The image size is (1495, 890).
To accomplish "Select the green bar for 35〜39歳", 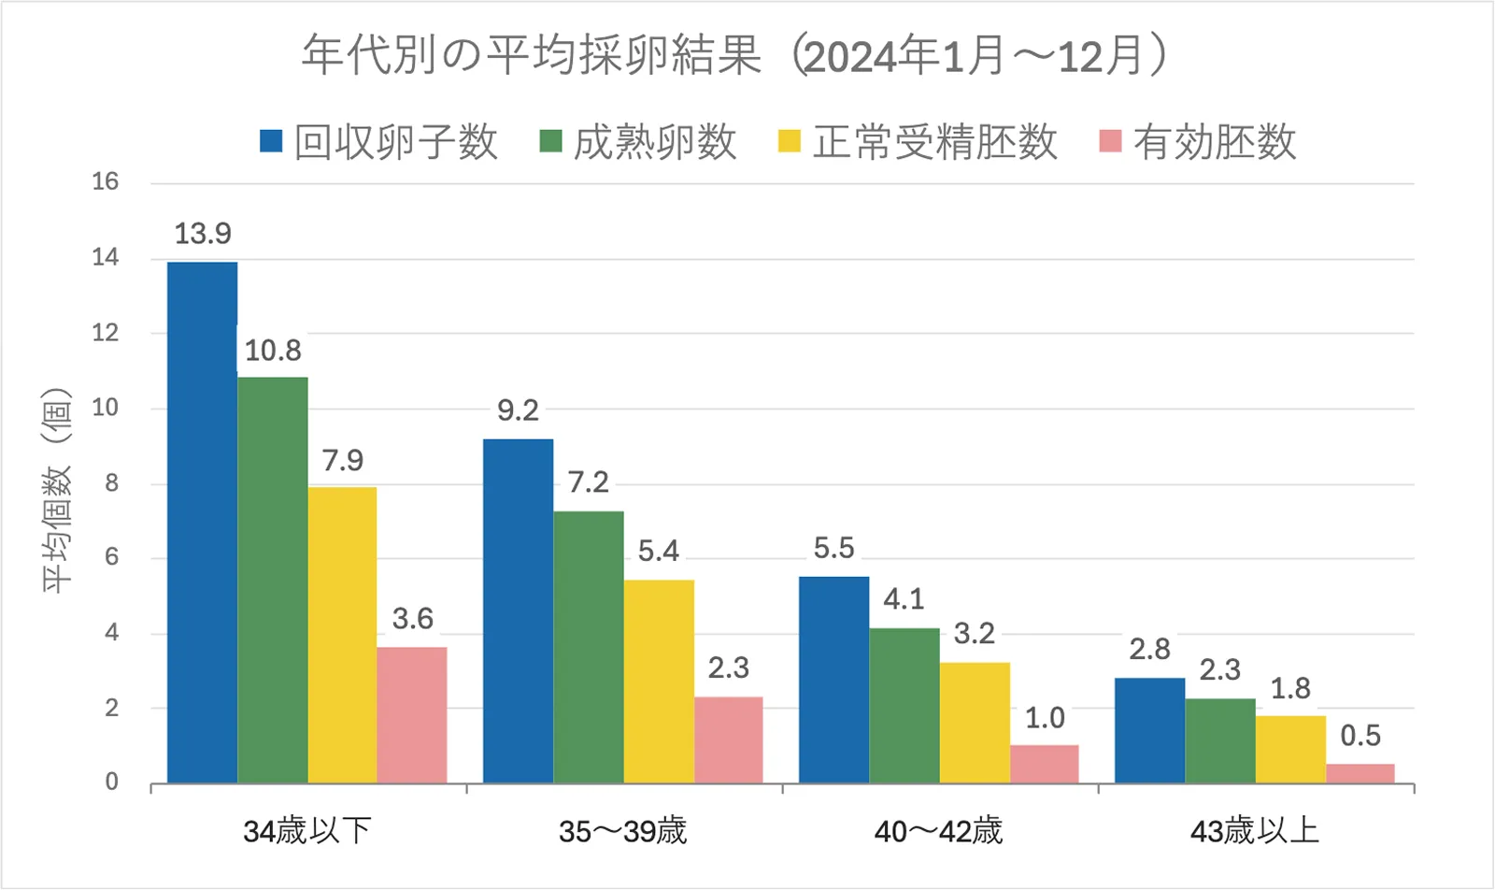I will [588, 647].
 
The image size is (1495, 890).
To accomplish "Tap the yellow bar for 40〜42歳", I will [975, 723].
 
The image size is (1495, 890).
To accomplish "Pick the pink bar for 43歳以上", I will [1360, 773].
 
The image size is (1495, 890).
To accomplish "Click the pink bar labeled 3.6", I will [412, 715].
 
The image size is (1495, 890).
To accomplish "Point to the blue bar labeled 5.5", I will [833, 680].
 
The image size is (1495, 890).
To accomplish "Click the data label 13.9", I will [203, 234].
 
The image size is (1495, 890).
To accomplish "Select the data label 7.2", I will [588, 482].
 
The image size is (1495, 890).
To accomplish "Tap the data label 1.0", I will [1045, 718].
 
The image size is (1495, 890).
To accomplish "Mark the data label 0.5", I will [1360, 736].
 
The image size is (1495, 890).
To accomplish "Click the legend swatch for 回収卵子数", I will [271, 141].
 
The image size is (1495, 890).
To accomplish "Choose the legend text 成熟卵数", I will [654, 142].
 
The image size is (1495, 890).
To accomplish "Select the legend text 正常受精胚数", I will [934, 142].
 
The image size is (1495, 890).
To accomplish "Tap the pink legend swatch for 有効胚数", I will [1110, 141].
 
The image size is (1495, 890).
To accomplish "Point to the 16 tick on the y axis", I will [106, 182].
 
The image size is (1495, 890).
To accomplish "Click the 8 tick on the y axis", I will [112, 483].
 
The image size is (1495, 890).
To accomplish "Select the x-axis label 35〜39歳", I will [622, 831].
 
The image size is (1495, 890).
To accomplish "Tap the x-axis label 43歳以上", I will [1254, 831].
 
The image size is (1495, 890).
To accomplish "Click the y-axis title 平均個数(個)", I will [56, 490].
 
